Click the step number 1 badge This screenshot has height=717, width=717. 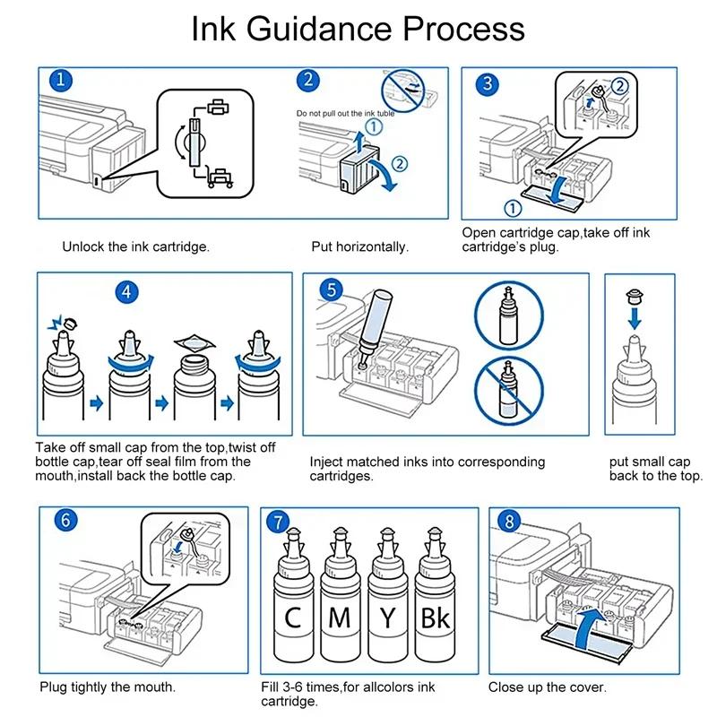click(61, 82)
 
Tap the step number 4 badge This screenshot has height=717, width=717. click(127, 291)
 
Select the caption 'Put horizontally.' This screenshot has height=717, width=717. click(359, 246)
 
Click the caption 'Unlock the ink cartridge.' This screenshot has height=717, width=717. click(135, 246)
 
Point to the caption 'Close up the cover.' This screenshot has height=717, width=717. click(548, 687)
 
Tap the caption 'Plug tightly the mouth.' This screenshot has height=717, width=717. click(108, 687)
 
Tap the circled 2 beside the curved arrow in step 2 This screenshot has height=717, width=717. click(400, 163)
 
